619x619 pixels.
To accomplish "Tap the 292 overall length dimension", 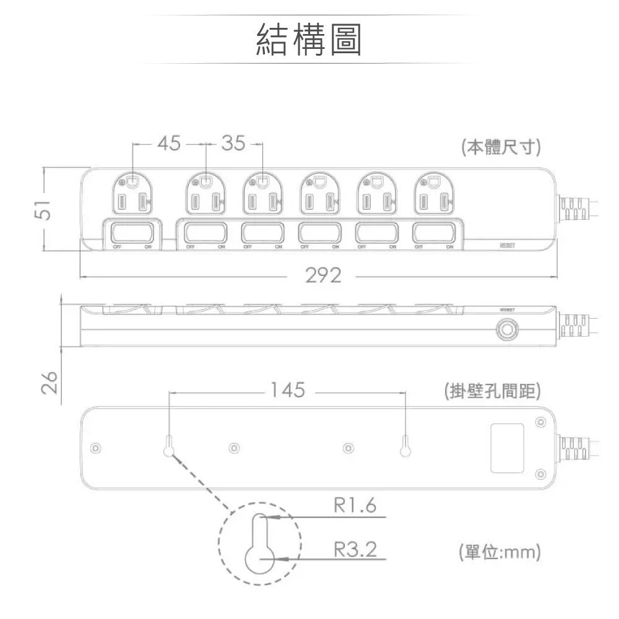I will click(322, 276).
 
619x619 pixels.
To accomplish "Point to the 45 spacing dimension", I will click(168, 144).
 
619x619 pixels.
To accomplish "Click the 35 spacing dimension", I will click(233, 144).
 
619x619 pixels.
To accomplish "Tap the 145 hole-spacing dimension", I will click(288, 390).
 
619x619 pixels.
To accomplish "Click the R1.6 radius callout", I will click(355, 506).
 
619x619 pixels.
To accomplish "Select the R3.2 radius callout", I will click(355, 548).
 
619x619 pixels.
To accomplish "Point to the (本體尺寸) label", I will click(501, 149).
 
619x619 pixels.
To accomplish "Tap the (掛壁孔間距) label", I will click(493, 391).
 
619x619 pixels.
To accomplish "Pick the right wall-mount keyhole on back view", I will click(405, 448).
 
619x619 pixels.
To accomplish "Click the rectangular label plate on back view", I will click(508, 448).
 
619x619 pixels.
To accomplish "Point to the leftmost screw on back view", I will click(95, 448).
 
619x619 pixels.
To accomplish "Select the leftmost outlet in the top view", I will click(134, 194).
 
